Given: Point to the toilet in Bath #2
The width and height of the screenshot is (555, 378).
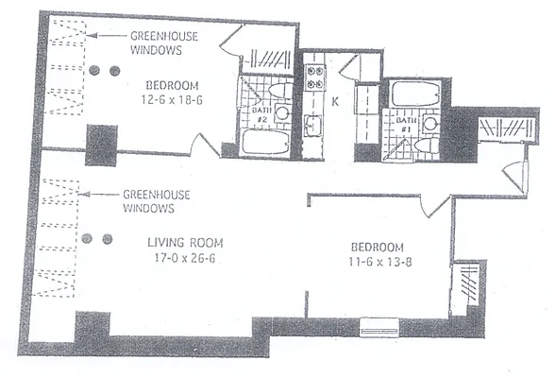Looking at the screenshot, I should point(277,92).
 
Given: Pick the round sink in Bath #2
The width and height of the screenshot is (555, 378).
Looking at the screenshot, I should point(281,113).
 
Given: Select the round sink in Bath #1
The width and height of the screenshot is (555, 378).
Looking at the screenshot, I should point(429,124).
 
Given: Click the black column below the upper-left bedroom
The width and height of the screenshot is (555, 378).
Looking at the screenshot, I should point(100,146).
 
